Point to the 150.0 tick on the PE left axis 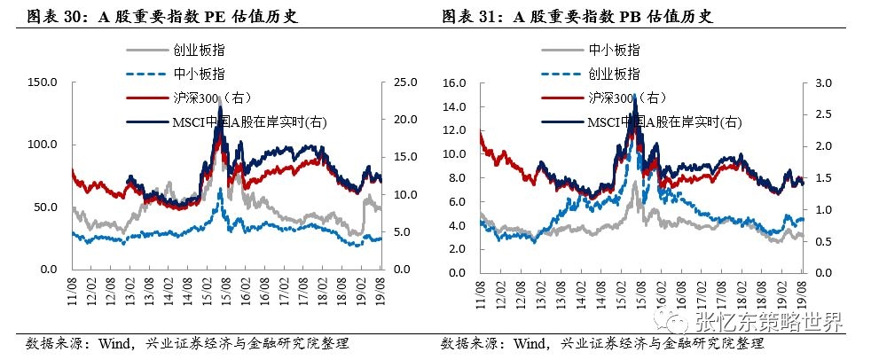pyautogui.click(x=43, y=82)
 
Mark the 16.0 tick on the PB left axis pyautogui.click(x=454, y=82)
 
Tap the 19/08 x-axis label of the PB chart pyautogui.click(x=801, y=287)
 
